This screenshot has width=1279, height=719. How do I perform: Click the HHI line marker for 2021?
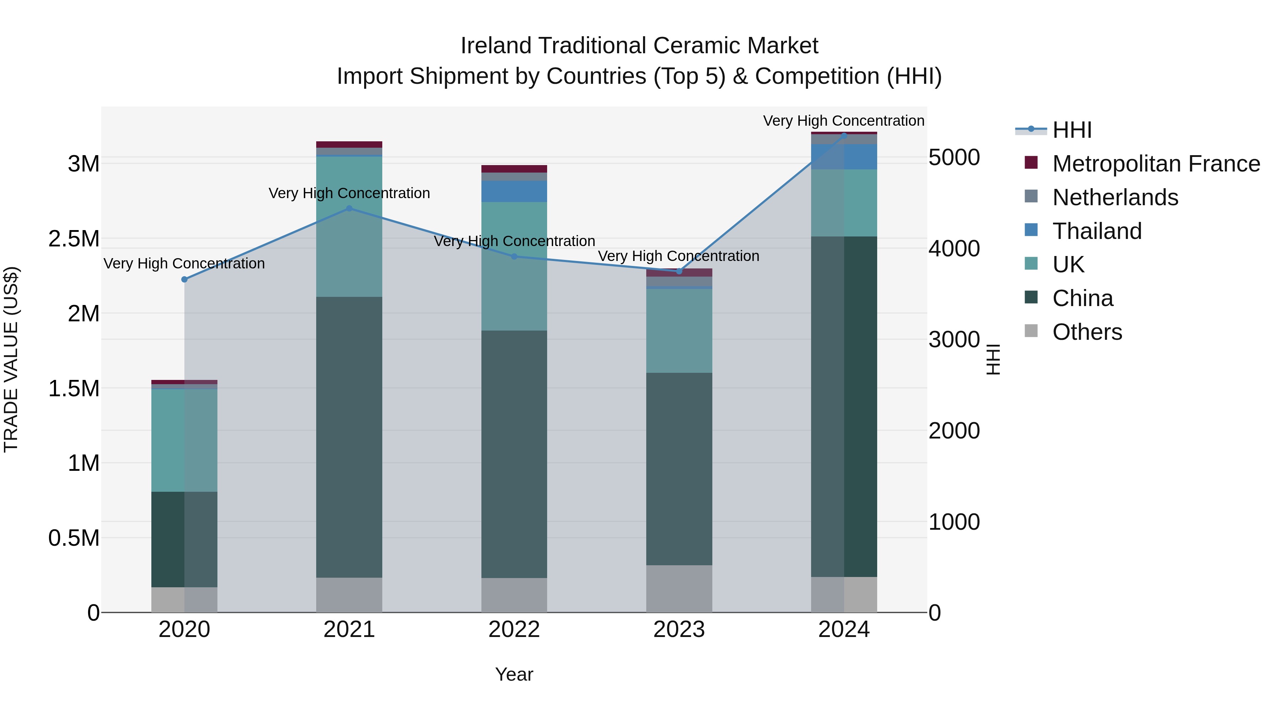[349, 209]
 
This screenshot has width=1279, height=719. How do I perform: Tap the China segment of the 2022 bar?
[514, 454]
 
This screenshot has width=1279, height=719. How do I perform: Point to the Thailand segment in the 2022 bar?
[514, 191]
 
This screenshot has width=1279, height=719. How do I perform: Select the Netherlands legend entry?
[1115, 197]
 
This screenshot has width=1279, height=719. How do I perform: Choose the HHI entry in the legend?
[1072, 130]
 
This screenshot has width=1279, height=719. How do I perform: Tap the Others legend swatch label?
[1087, 332]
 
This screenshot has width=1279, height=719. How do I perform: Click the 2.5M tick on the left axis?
[74, 239]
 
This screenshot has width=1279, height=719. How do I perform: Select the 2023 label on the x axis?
[679, 630]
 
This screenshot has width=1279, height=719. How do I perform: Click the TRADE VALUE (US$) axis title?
[11, 360]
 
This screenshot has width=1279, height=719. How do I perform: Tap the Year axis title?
[514, 674]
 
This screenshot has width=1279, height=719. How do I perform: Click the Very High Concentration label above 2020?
[184, 263]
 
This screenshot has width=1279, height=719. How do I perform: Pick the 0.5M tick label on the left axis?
[74, 538]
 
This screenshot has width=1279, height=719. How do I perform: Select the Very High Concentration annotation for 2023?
[678, 256]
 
